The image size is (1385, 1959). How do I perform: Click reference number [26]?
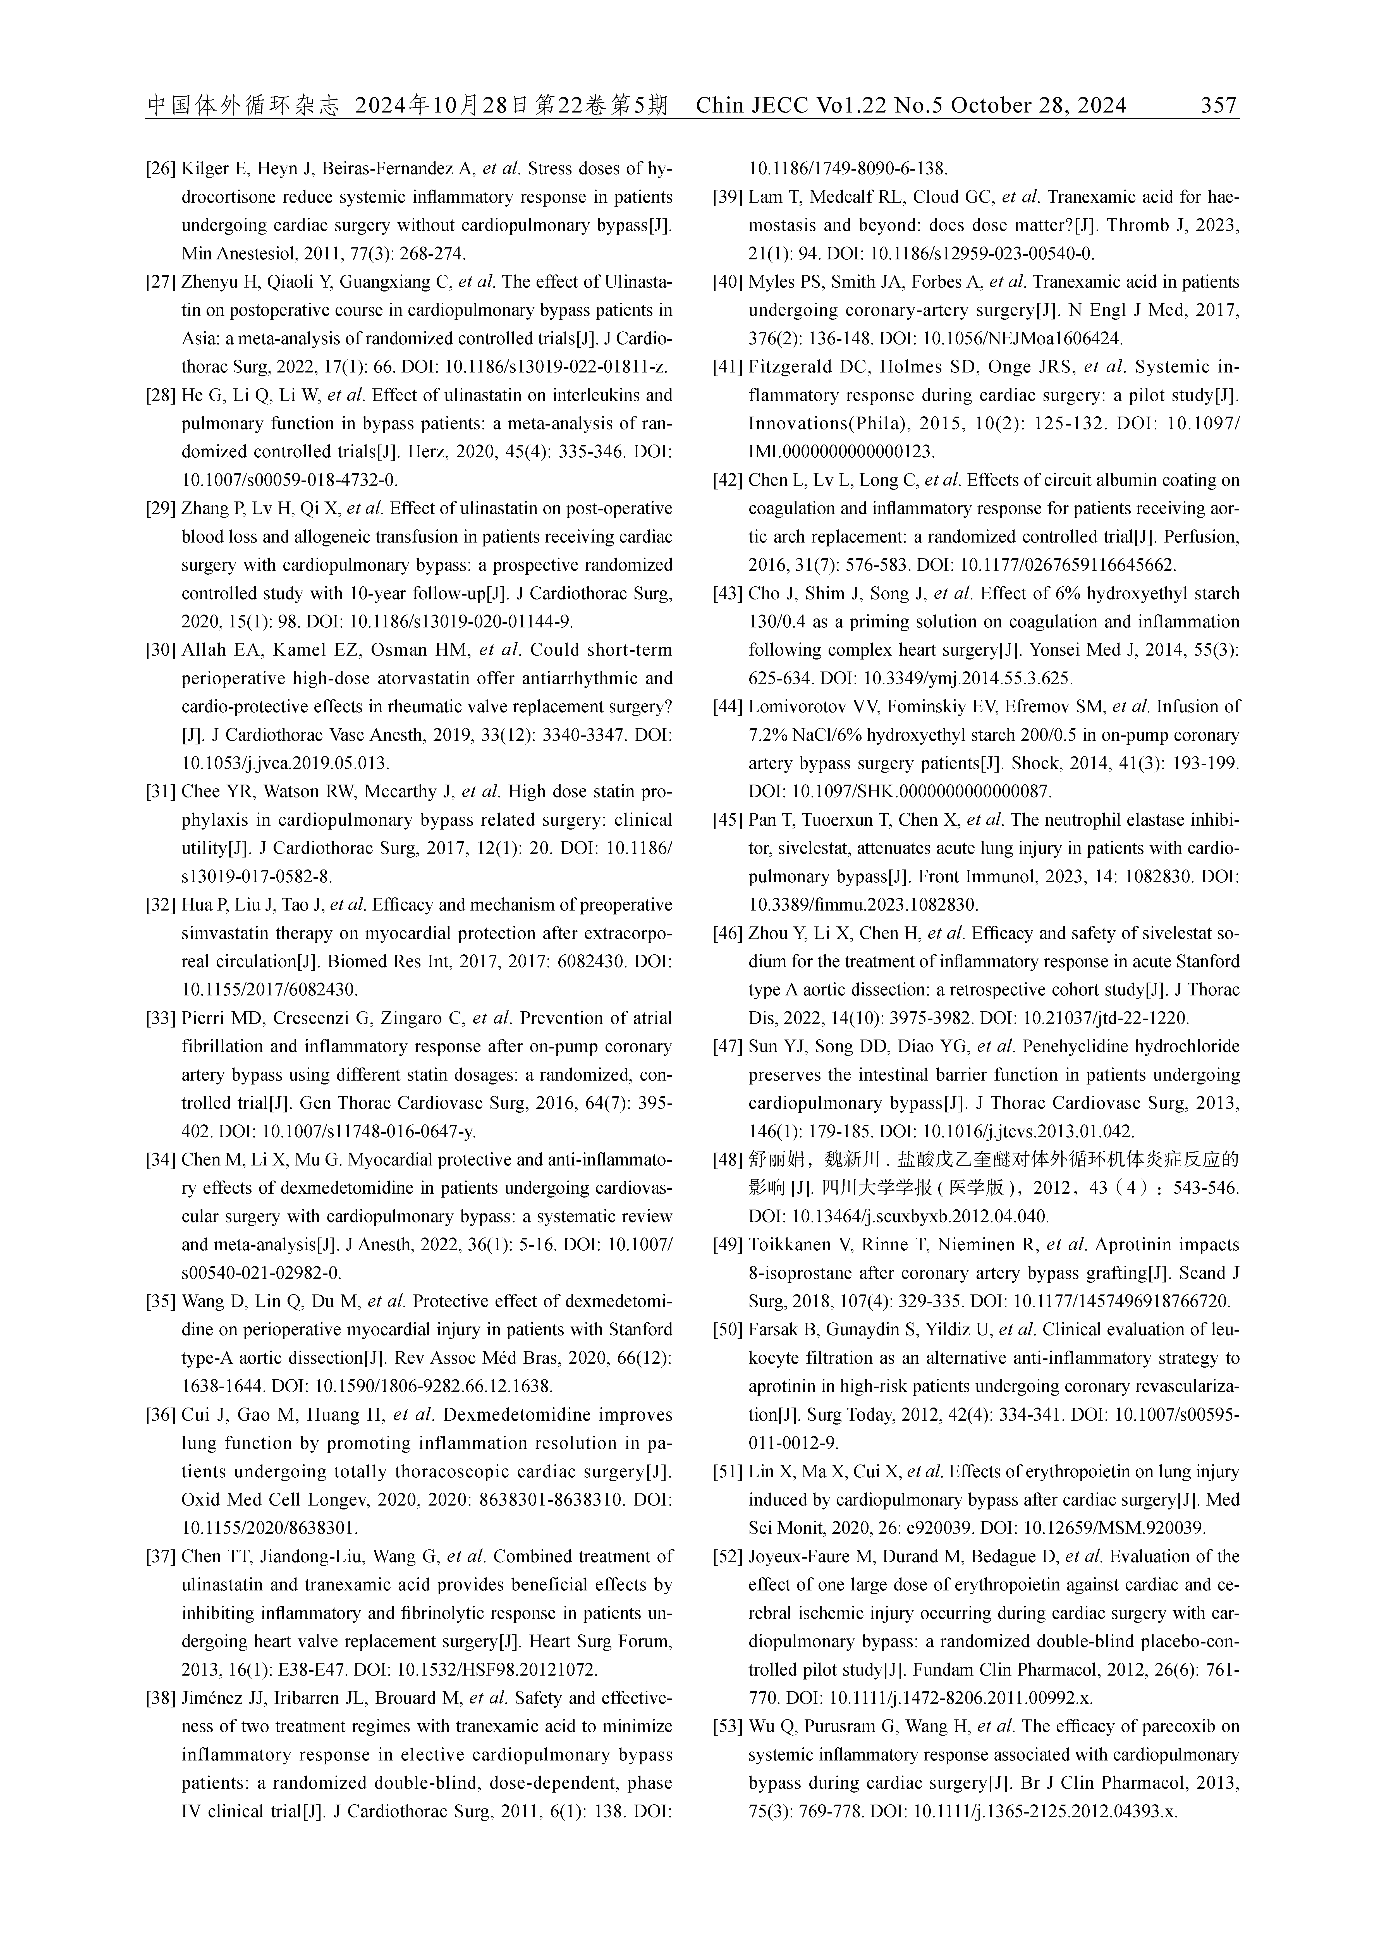tap(161, 169)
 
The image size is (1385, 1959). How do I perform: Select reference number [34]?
tap(161, 1160)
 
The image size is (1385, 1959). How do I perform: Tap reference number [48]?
tap(728, 1160)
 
